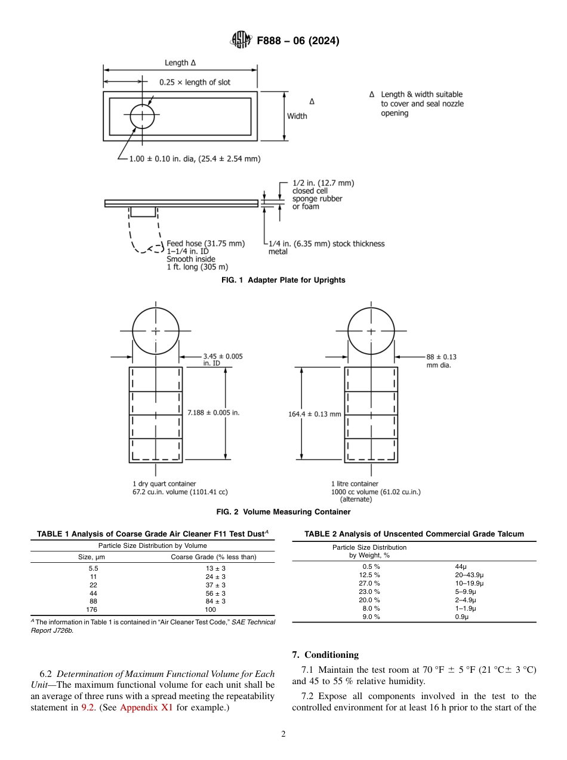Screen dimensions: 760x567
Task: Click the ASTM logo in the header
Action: (241, 41)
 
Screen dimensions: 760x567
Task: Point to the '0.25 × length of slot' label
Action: (195, 82)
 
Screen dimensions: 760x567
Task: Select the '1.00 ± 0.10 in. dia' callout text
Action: (195, 159)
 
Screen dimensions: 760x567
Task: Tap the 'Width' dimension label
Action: (297, 116)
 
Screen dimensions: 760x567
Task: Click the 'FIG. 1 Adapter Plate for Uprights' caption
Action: (283, 280)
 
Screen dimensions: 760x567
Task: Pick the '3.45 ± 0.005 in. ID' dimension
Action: (223, 360)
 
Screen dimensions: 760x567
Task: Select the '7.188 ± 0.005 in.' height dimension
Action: (213, 412)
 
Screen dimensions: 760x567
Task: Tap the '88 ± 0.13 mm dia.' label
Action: (441, 361)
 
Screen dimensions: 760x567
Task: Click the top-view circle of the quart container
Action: (156, 330)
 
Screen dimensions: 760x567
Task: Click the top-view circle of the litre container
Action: (371, 330)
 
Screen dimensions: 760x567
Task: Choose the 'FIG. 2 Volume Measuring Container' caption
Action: (283, 512)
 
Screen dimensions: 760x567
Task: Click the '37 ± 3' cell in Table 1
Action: (215, 585)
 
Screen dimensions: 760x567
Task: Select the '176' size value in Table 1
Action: (93, 609)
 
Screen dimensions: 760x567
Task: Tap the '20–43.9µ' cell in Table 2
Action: (469, 574)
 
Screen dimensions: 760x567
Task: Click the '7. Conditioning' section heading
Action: (325, 655)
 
